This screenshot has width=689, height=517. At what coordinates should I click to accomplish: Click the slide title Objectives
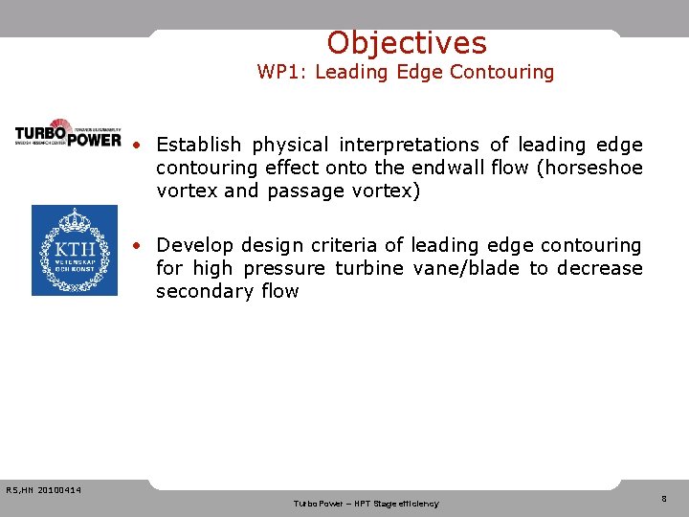pyautogui.click(x=406, y=43)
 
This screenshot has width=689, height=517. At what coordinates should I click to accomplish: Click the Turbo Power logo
pyautogui.click(x=68, y=133)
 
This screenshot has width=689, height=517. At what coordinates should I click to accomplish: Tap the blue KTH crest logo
pyautogui.click(x=75, y=250)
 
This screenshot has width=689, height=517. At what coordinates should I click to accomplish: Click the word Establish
pyautogui.click(x=199, y=145)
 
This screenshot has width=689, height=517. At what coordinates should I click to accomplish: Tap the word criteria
pyautogui.click(x=341, y=245)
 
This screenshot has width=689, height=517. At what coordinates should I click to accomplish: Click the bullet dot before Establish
pyautogui.click(x=139, y=146)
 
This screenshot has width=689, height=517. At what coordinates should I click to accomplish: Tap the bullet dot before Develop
pyautogui.click(x=139, y=246)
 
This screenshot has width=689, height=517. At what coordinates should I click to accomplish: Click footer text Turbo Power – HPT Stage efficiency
pyautogui.click(x=366, y=504)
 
